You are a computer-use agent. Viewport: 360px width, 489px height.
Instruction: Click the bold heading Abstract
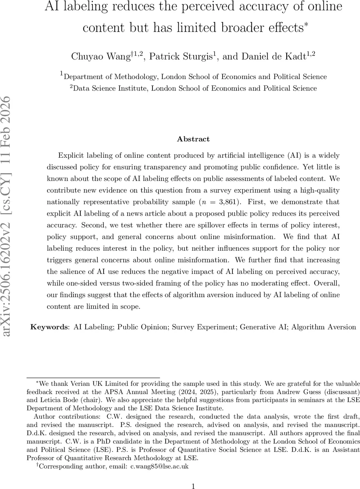193,139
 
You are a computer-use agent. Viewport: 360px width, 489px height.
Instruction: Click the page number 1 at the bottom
193,475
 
